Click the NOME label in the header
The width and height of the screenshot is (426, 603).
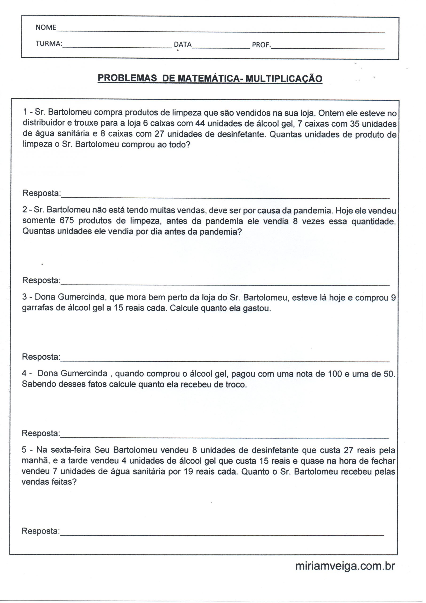46,27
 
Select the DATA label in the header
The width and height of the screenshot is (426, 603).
183,45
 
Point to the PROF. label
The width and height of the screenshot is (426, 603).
261,45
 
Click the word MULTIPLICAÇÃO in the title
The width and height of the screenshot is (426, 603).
284,79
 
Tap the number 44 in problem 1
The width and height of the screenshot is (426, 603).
200,123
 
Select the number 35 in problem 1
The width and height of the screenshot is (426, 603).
355,123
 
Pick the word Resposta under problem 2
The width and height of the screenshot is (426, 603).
41,280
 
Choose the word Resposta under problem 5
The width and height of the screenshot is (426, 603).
41,531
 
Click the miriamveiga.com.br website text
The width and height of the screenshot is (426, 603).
345,566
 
